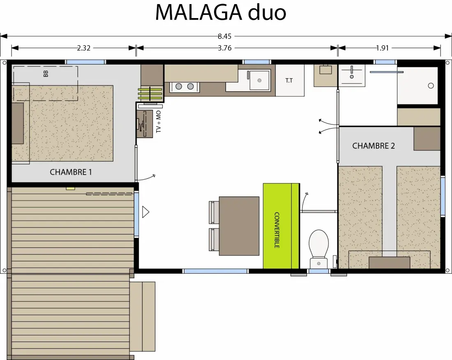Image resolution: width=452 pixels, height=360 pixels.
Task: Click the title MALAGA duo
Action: tap(221, 13)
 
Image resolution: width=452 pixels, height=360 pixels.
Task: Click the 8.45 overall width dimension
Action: tap(224, 36)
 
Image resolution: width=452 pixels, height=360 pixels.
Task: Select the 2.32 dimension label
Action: tap(83, 48)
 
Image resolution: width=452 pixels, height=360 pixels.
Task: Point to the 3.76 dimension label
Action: tap(224, 48)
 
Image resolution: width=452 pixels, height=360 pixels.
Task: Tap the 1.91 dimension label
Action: tap(383, 48)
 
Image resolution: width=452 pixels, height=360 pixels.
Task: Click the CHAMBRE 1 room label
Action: tap(71, 172)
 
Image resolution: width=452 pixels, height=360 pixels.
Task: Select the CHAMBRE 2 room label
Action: tap(373, 146)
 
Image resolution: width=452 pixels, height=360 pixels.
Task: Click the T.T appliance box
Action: tap(290, 81)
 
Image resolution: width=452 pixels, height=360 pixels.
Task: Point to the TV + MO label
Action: tap(159, 122)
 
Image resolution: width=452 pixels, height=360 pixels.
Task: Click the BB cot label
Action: tap(46, 74)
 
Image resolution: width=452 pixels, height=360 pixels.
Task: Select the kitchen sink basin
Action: tap(259, 80)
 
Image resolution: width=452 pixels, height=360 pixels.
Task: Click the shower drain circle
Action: tap(431, 85)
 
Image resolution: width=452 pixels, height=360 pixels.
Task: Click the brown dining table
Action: tap(239, 226)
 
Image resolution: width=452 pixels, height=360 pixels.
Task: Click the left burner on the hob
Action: tap(179, 86)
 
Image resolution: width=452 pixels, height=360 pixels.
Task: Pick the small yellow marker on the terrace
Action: tap(70, 189)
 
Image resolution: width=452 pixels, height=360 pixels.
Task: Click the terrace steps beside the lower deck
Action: tap(143, 316)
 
